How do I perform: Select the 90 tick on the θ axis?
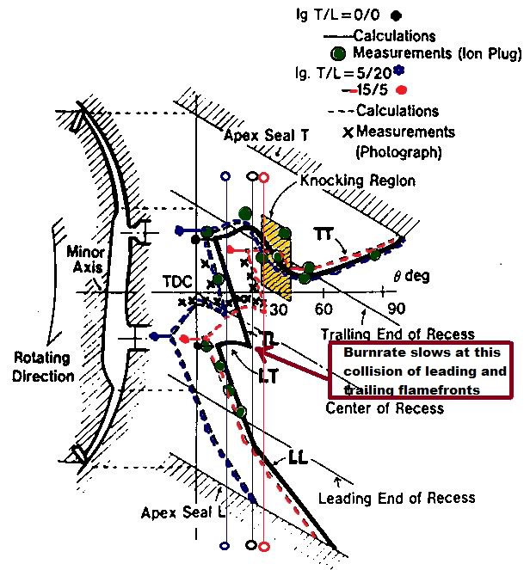[x=397, y=309]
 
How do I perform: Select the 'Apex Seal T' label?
[x=265, y=136]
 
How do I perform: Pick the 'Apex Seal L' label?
[x=184, y=513]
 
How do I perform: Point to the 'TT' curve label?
[x=325, y=233]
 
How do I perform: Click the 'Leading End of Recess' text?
[x=396, y=498]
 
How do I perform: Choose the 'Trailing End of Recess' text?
[x=397, y=334]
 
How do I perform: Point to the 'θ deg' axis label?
[x=411, y=276]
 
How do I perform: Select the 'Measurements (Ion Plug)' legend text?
[x=437, y=55]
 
